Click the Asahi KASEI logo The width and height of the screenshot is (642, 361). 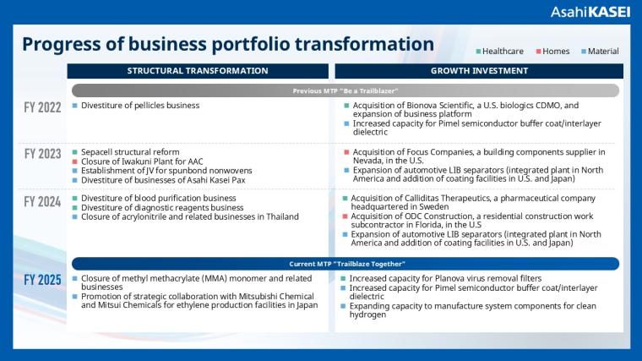590,13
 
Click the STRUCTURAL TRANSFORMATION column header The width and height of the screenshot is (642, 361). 198,71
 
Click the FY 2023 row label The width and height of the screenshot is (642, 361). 42,154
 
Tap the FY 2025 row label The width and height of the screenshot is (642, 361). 42,280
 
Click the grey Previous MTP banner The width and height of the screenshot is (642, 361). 345,90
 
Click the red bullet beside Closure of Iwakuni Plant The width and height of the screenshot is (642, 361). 74,161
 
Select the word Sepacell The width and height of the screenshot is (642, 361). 100,151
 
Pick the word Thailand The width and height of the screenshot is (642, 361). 279,217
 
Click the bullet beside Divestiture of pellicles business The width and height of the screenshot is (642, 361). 74,106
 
